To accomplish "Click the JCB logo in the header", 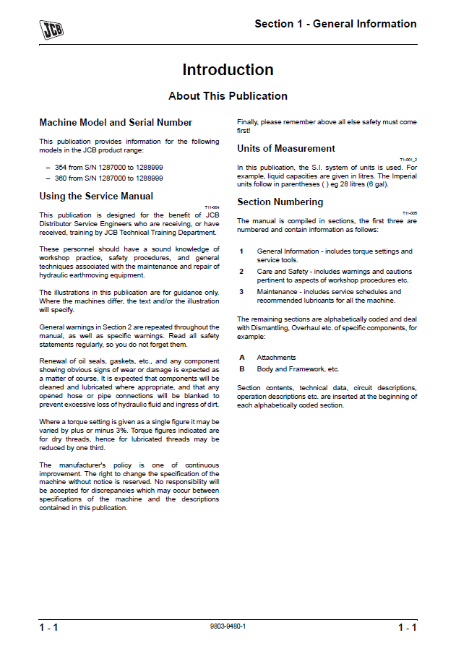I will (51, 29).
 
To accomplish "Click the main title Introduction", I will (228, 70).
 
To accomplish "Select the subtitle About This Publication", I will (228, 96).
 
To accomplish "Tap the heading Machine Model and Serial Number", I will (116, 123).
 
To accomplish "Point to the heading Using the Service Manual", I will (96, 196).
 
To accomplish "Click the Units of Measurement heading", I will (286, 149).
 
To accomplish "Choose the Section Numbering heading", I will (280, 202).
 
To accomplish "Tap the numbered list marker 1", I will (241, 251).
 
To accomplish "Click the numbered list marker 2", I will (241, 272).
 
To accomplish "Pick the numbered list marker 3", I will (241, 292).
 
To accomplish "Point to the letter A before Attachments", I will (241, 358).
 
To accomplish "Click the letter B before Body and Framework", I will (241, 369).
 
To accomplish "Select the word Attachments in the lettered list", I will (276, 358).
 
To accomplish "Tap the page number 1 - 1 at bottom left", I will (48, 627).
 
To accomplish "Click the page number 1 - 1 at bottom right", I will (407, 627).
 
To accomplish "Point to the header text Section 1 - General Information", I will (335, 24).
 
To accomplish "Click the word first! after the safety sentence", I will (244, 131).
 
